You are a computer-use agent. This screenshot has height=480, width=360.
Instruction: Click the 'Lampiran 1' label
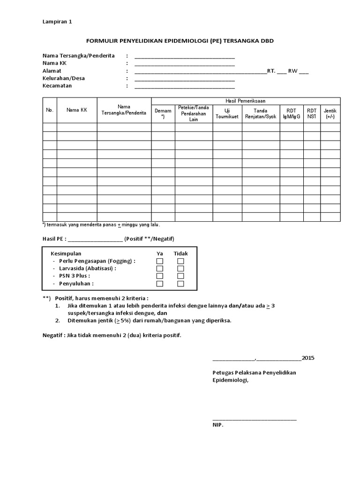tap(57, 22)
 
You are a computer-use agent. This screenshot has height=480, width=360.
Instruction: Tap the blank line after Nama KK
tap(184, 64)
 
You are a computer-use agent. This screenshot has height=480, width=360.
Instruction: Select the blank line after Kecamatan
tap(184, 87)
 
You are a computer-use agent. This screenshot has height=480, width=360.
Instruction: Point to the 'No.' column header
tap(50, 110)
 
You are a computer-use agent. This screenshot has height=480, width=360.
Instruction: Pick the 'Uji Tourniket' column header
tap(227, 113)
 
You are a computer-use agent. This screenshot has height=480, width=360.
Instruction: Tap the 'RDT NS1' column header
tap(312, 113)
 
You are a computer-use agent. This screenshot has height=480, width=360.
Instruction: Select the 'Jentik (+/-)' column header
tap(330, 113)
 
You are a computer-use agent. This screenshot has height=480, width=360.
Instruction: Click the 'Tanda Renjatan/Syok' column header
tap(261, 113)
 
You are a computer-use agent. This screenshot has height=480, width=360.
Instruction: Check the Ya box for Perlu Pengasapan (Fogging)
tap(160, 261)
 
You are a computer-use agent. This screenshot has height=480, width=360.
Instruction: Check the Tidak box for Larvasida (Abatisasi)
tap(180, 269)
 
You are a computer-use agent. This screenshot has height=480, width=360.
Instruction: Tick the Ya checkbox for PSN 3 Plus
tap(160, 276)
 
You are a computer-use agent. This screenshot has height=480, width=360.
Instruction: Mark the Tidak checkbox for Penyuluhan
tap(180, 284)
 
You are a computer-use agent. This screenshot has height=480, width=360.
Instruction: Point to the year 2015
tap(308, 358)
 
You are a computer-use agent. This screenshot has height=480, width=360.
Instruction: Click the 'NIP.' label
tap(218, 425)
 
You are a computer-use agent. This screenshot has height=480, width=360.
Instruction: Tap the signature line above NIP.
tap(255, 419)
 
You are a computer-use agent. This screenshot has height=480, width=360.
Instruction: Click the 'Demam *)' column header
tap(163, 113)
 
